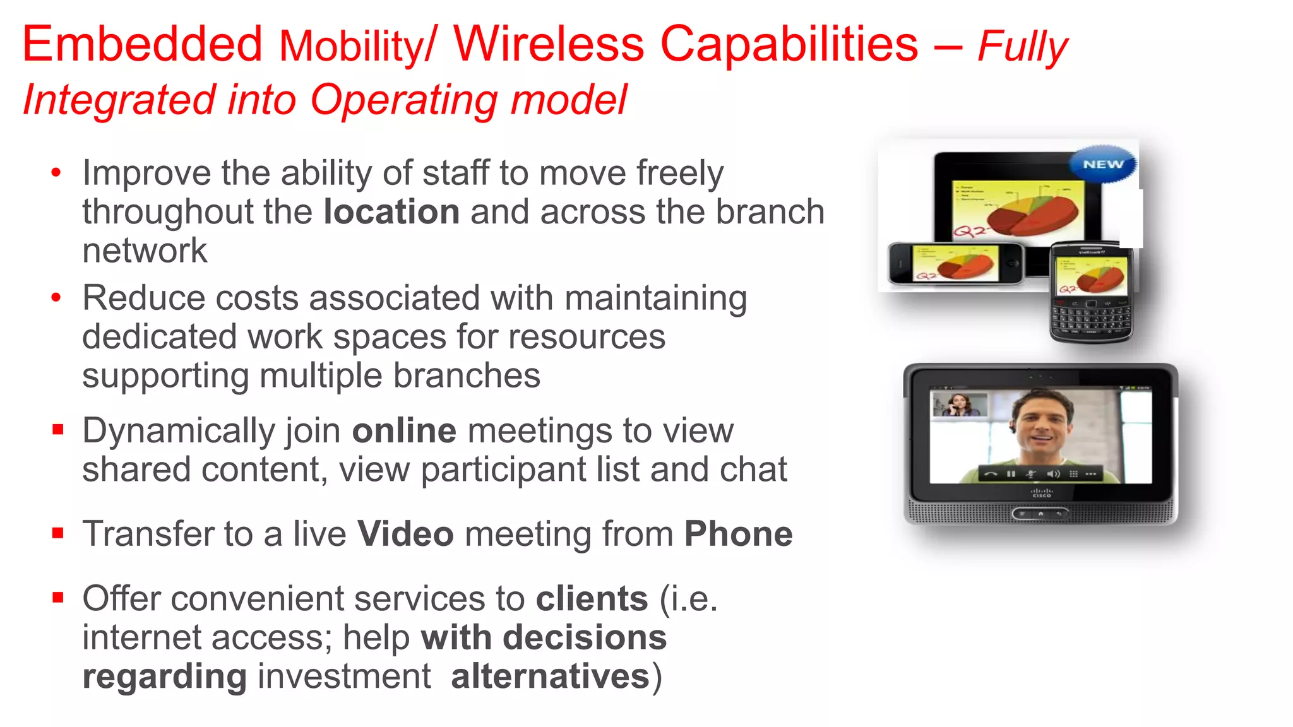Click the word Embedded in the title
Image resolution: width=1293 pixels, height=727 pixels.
coord(142,44)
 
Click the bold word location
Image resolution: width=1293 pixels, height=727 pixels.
coord(391,212)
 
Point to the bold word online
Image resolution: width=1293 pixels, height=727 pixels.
coord(404,431)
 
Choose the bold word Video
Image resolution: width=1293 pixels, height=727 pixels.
coord(405,535)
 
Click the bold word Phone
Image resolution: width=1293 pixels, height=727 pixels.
coord(738,535)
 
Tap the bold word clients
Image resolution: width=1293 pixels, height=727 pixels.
coord(592,599)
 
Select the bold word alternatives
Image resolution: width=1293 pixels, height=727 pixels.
coord(550,677)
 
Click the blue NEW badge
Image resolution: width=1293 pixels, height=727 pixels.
coord(1103,164)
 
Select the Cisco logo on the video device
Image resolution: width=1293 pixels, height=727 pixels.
coord(1041,493)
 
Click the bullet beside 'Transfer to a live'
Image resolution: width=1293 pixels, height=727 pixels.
coord(58,534)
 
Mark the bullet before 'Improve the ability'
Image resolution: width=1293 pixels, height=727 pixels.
coord(57,173)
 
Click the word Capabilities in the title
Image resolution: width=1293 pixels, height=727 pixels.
coord(789,44)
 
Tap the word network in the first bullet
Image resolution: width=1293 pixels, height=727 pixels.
coord(145,251)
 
